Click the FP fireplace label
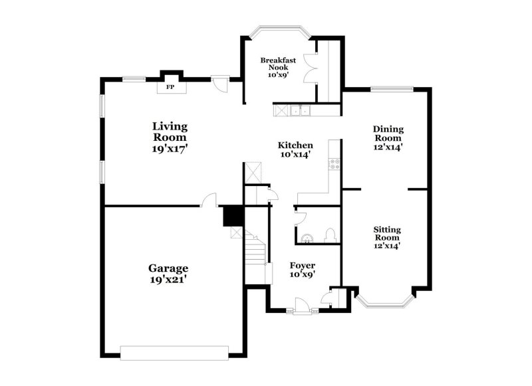pyautogui.click(x=170, y=87)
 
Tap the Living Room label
pyautogui.click(x=170, y=132)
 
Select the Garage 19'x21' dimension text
pyautogui.click(x=168, y=280)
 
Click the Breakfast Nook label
pyautogui.click(x=278, y=64)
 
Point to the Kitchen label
pyautogui.click(x=295, y=145)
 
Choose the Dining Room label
pyautogui.click(x=388, y=134)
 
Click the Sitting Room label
pyautogui.click(x=387, y=233)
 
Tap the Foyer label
pyautogui.click(x=303, y=265)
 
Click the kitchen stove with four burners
pyautogui.click(x=334, y=164)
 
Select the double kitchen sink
pyautogui.click(x=301, y=110)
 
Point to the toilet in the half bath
pyautogui.click(x=330, y=236)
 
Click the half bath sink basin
pyautogui.click(x=307, y=239)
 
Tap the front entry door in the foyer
pyautogui.click(x=302, y=306)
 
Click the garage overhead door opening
pyautogui.click(x=174, y=353)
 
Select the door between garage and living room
pyautogui.click(x=209, y=200)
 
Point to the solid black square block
pyautogui.click(x=233, y=216)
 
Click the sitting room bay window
pyautogui.click(x=385, y=302)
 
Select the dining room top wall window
pyautogui.click(x=392, y=89)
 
